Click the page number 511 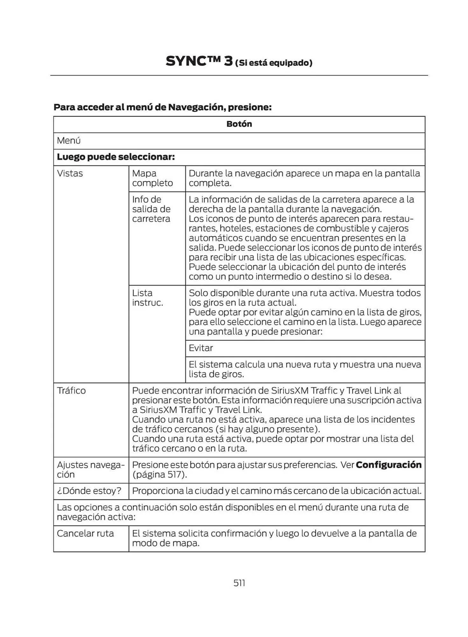pyautogui.click(x=239, y=583)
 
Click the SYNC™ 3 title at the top pyautogui.click(x=199, y=61)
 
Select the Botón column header pyautogui.click(x=239, y=124)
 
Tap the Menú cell pyautogui.click(x=69, y=140)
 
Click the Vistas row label pyautogui.click(x=70, y=173)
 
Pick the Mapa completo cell pyautogui.click(x=152, y=178)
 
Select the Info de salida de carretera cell pyautogui.click(x=151, y=209)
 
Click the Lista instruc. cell pyautogui.click(x=147, y=297)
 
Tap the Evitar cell pyautogui.click(x=201, y=348)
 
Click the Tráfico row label pyautogui.click(x=71, y=390)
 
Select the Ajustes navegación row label pyautogui.click(x=90, y=469)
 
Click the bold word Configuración pyautogui.click(x=388, y=465)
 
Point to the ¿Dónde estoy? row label pyautogui.click(x=89, y=490)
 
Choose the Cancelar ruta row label pyautogui.click(x=85, y=533)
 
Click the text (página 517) pyautogui.click(x=159, y=474)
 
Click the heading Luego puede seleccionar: pyautogui.click(x=116, y=157)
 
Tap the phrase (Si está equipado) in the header pyautogui.click(x=274, y=63)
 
